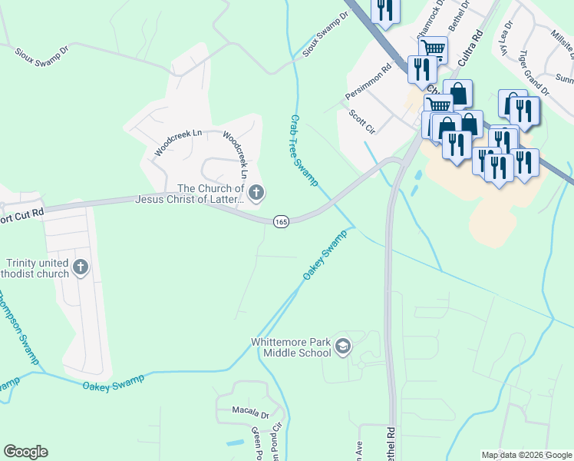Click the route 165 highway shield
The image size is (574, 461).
281,221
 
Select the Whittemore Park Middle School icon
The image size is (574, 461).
343,347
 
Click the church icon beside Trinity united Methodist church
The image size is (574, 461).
80,267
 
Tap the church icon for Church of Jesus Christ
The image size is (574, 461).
256,194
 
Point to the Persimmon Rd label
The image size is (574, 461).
369,78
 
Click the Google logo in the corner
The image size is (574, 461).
25,452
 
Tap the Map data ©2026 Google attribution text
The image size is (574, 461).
526,455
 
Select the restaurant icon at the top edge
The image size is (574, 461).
384,10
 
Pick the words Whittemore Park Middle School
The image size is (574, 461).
292,347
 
